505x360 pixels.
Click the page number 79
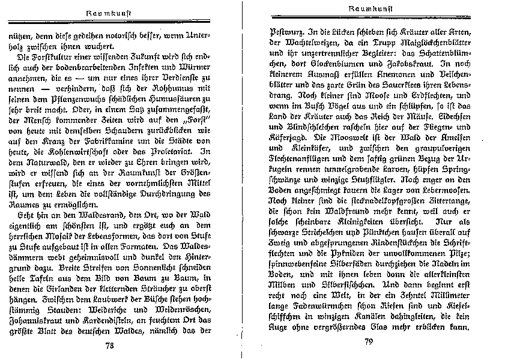(369, 343)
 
